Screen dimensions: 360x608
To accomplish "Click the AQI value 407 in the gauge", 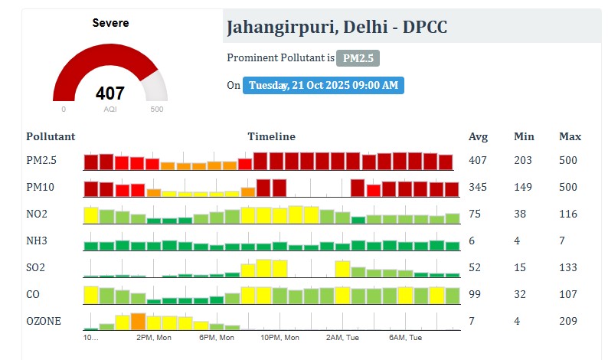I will (110, 93).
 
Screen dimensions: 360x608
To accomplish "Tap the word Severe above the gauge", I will (110, 23).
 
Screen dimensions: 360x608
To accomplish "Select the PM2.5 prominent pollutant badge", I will (358, 58).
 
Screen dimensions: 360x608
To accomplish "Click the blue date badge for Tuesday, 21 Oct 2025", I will (323, 85).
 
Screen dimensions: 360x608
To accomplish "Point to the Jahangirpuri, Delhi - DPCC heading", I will (336, 28).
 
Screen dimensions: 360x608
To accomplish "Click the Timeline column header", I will (271, 136).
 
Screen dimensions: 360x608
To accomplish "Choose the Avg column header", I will (478, 136).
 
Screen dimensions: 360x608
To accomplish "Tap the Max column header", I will (570, 136).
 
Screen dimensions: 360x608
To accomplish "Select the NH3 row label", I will (37, 241).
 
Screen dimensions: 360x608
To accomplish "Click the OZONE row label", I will (43, 321).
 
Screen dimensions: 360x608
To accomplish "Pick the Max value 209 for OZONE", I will (568, 321).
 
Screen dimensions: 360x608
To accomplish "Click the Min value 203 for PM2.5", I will (524, 160).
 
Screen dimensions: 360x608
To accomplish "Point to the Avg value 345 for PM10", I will (478, 187).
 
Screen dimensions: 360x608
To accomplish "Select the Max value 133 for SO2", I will (568, 267).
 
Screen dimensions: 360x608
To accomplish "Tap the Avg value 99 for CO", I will (475, 294).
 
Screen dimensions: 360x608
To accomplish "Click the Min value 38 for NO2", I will (521, 214).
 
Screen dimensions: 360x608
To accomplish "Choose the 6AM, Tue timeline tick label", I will (405, 337).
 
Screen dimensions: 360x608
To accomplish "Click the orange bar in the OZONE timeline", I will (138, 321).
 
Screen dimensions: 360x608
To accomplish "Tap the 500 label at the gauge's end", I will (157, 109).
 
